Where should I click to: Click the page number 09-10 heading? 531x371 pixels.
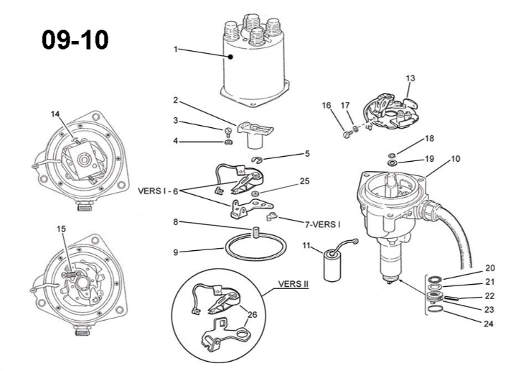(x=75, y=40)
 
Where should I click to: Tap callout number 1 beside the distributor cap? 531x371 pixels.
(x=175, y=50)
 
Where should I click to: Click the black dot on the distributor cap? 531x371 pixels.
(x=230, y=57)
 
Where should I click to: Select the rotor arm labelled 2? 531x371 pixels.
(x=255, y=134)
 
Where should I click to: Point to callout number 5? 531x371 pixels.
(x=307, y=154)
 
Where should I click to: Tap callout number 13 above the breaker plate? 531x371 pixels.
(x=410, y=78)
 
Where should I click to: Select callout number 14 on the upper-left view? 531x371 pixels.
(x=55, y=114)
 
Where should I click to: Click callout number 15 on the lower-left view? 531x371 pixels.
(x=61, y=229)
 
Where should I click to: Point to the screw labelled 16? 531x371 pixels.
(x=347, y=134)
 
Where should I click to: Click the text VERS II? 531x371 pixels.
(x=293, y=284)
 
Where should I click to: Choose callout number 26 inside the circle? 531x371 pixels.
(x=252, y=315)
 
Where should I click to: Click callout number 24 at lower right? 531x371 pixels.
(x=489, y=324)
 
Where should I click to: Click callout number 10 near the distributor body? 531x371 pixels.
(x=456, y=159)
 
